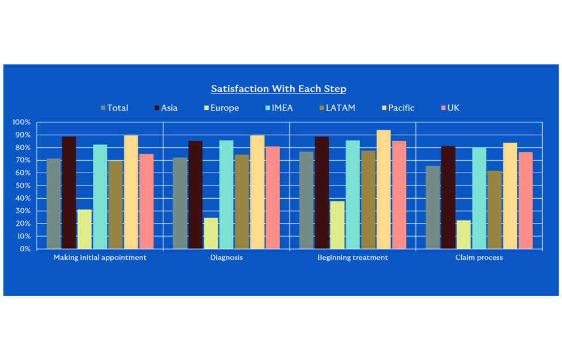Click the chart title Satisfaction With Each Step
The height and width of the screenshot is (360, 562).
[x=278, y=89]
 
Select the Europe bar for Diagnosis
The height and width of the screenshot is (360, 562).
[x=211, y=233]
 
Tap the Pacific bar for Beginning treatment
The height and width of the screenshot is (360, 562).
[x=384, y=190]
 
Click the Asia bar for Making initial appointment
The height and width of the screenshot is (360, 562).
[x=69, y=192]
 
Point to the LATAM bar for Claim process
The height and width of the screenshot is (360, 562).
[x=495, y=210]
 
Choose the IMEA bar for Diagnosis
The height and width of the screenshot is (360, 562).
[x=226, y=195]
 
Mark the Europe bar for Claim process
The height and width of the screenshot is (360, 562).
[x=464, y=234]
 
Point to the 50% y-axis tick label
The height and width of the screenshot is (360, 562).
[x=23, y=186]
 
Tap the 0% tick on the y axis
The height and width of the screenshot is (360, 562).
[x=25, y=249]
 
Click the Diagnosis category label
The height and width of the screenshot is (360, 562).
[x=226, y=258]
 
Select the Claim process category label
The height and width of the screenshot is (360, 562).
[x=479, y=258]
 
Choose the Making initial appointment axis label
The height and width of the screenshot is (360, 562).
[x=100, y=258]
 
